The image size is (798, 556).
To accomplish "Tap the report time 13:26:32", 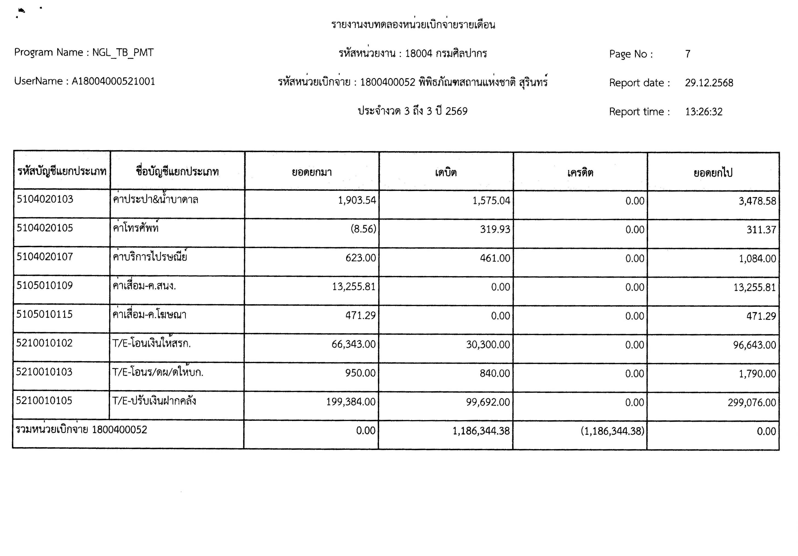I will [x=704, y=112].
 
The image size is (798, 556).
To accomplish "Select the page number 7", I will [x=687, y=54].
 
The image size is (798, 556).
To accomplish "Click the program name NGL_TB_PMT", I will [x=123, y=52].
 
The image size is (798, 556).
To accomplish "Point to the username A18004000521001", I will [x=113, y=81].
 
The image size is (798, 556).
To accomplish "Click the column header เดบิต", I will [x=446, y=172].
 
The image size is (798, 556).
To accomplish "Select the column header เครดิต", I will [x=580, y=172].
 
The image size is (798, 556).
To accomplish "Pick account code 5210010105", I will [x=44, y=401].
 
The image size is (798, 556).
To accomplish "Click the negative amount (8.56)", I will [x=363, y=229].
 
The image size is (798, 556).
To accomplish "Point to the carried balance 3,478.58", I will [x=757, y=201].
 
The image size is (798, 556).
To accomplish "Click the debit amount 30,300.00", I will [x=488, y=345].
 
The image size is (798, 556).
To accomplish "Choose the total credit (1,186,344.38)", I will [x=612, y=431].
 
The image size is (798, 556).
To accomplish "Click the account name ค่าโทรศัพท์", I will [x=136, y=228].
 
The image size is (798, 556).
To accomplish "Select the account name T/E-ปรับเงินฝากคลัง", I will [x=154, y=401].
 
